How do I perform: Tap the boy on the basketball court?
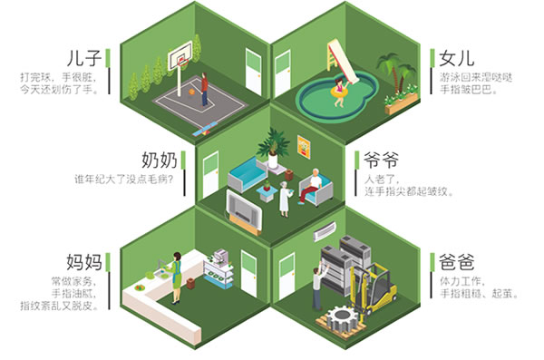[204, 87]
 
